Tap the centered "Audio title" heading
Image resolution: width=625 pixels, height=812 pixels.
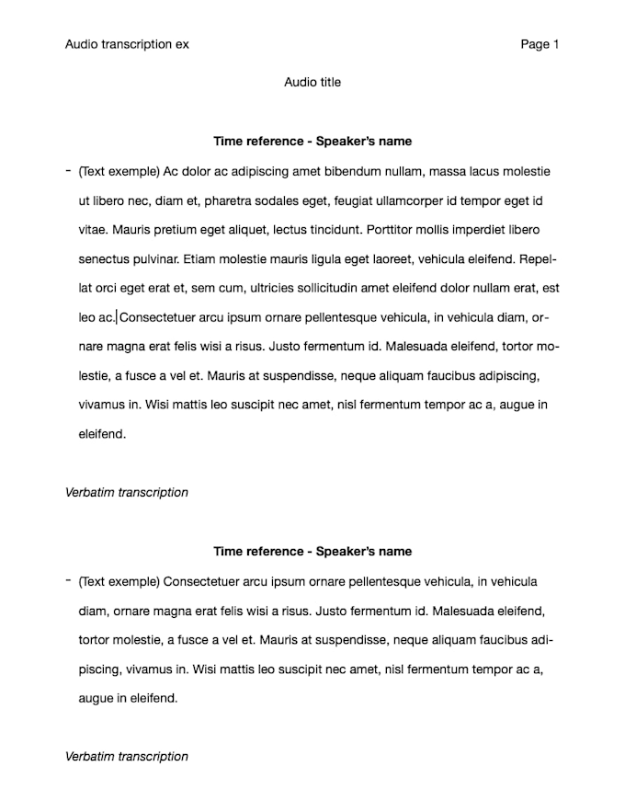click(312, 82)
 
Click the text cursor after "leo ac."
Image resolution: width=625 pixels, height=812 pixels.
click(117, 318)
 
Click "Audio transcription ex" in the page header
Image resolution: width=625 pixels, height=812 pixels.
click(127, 44)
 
